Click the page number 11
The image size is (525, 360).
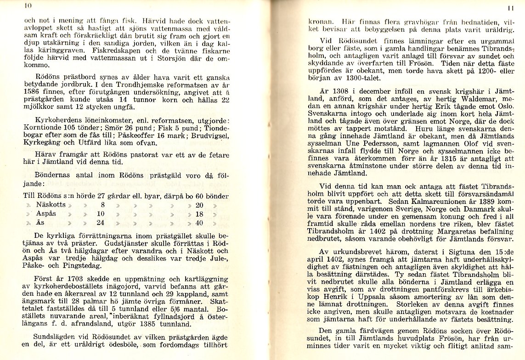(509, 8)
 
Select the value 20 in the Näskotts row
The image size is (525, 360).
(199, 205)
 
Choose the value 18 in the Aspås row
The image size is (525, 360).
(199, 214)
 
